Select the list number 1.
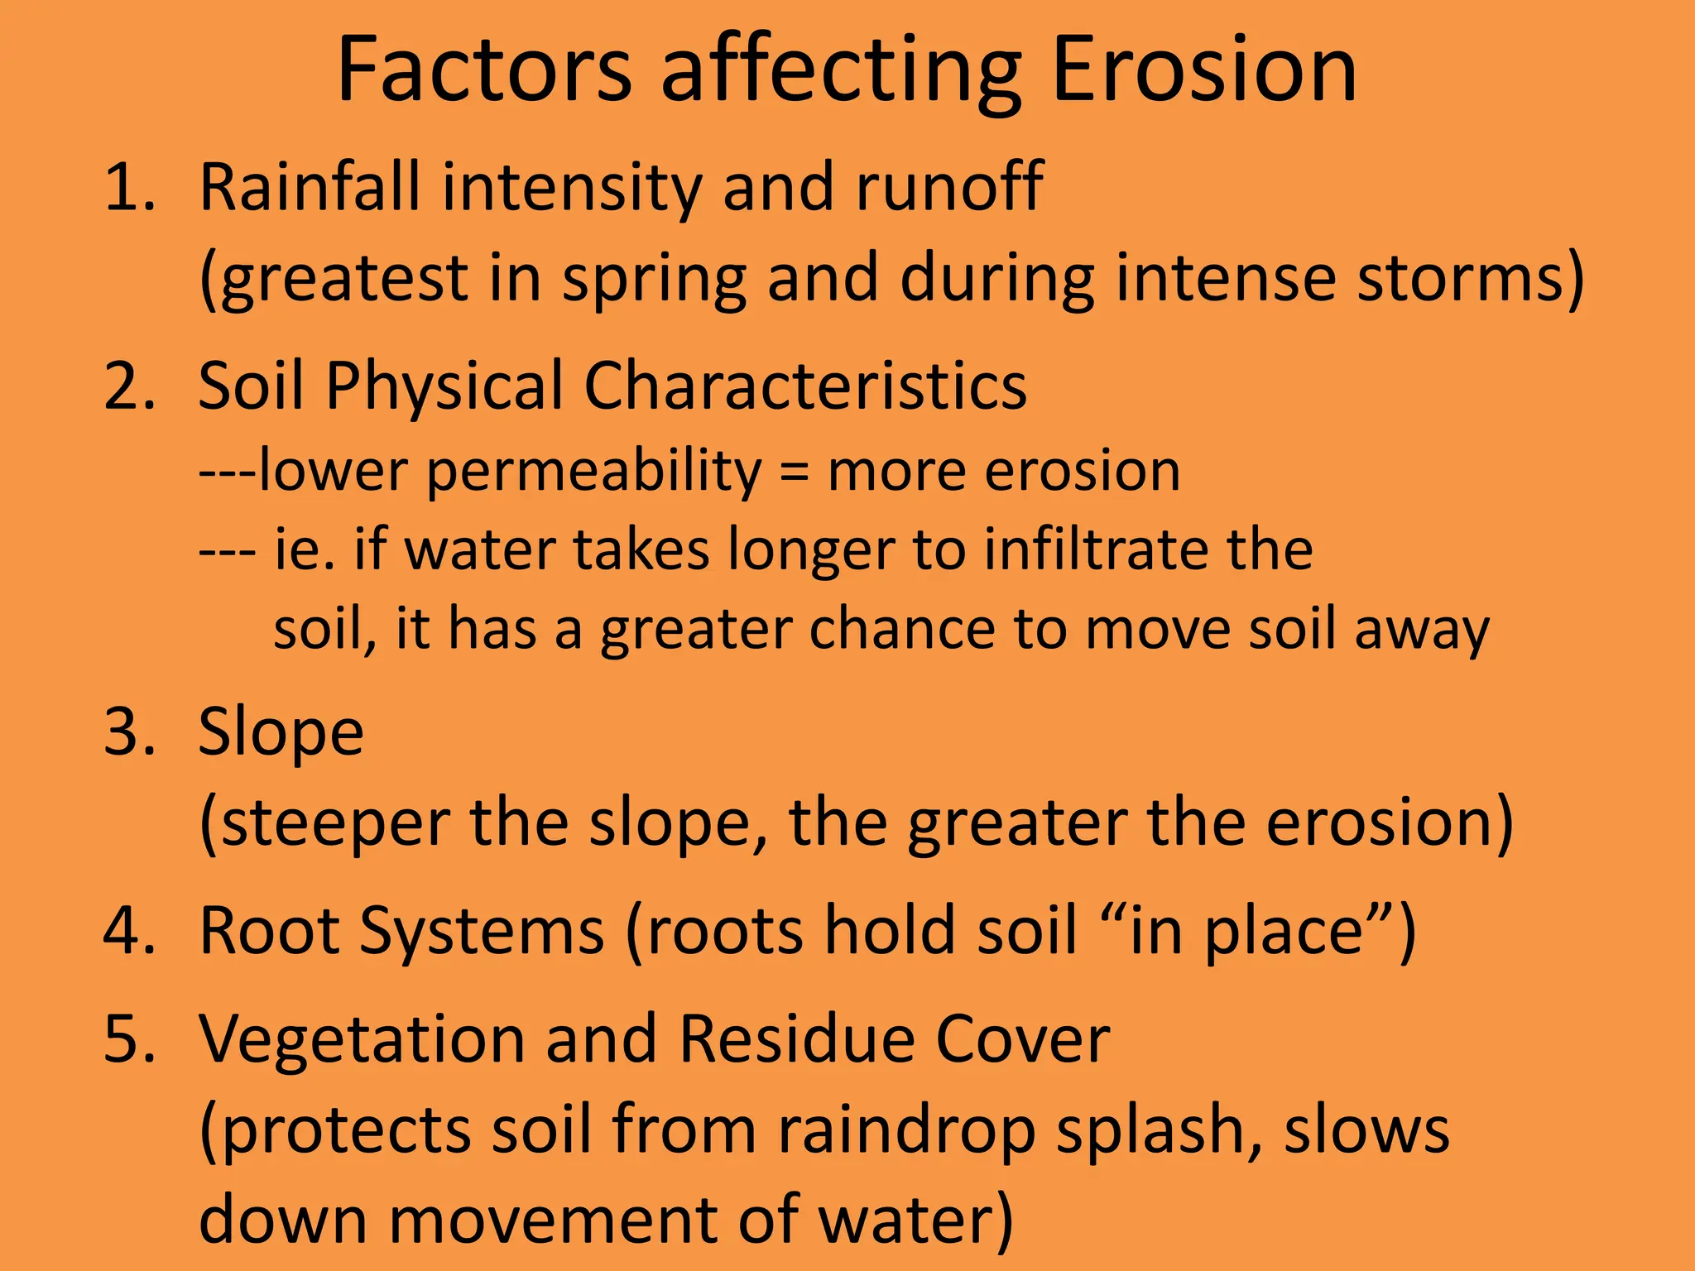click(x=129, y=188)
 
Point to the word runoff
click(x=949, y=188)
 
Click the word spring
click(x=655, y=280)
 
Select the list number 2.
click(x=129, y=386)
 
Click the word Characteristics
click(x=805, y=386)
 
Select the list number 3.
click(x=129, y=732)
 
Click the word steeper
click(x=336, y=824)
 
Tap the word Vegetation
click(x=363, y=1039)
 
